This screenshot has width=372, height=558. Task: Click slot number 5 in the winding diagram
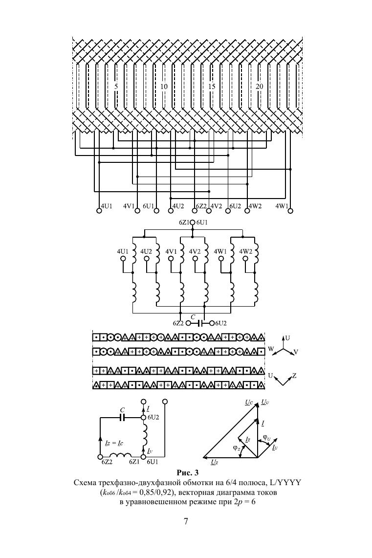tap(116, 86)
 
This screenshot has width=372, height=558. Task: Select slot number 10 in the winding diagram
tap(164, 86)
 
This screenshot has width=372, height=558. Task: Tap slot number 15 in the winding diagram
tap(212, 86)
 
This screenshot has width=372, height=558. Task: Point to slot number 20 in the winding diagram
tap(260, 86)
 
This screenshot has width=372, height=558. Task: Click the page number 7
tap(186, 521)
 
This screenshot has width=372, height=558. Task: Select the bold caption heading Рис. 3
tap(186, 473)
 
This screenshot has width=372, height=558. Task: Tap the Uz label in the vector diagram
tap(215, 462)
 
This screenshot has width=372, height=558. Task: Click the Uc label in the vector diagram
tap(249, 402)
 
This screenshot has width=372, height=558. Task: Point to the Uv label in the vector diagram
tap(264, 402)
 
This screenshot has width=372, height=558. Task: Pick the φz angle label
tap(236, 447)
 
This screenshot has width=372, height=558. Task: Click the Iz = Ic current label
tap(113, 443)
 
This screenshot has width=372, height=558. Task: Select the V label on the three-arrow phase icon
tap(297, 352)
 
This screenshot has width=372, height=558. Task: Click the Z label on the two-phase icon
tap(294, 376)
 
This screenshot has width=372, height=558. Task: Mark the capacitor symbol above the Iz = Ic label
tap(123, 418)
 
